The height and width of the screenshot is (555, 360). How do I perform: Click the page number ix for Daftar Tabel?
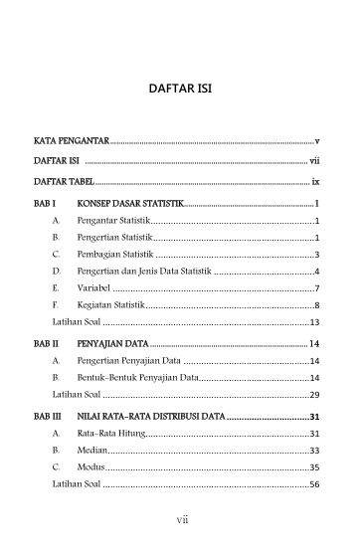pyautogui.click(x=313, y=183)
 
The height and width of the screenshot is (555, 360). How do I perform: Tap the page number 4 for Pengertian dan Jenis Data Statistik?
pyautogui.click(x=316, y=272)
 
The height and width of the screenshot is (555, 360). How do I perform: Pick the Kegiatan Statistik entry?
pyautogui.click(x=111, y=305)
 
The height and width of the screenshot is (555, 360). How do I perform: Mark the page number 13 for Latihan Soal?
pyautogui.click(x=313, y=322)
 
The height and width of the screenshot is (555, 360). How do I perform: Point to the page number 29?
pyautogui.click(x=313, y=396)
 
